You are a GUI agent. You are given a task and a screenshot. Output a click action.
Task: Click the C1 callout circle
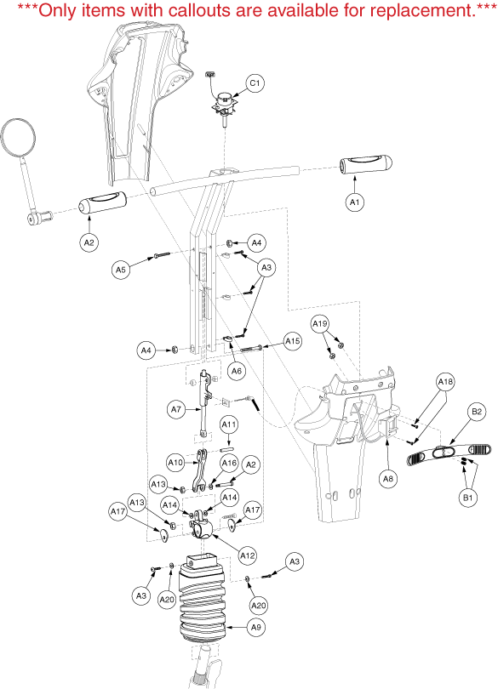pyautogui.click(x=255, y=83)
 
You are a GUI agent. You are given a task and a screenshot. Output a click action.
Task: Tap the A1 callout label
pyautogui.click(x=355, y=202)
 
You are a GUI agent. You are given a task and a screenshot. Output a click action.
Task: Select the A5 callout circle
pyautogui.click(x=121, y=270)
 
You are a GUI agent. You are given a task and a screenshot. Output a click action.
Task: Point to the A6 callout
pyautogui.click(x=237, y=371)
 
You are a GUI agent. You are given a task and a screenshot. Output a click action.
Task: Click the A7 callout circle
pyautogui.click(x=176, y=409)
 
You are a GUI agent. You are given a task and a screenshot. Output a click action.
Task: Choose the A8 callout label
pyautogui.click(x=387, y=479)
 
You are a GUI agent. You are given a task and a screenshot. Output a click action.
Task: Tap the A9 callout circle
pyautogui.click(x=256, y=628)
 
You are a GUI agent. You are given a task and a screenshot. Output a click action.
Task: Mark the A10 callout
pyautogui.click(x=176, y=462)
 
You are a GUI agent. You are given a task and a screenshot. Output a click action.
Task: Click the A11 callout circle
pyautogui.click(x=229, y=425)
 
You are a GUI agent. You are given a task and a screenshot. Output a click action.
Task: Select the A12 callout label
pyautogui.click(x=247, y=555)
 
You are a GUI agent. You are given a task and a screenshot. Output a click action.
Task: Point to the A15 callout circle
pyautogui.click(x=293, y=341)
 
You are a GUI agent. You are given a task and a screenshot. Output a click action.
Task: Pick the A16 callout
pyautogui.click(x=229, y=463)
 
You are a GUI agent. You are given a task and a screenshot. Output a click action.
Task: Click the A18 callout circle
pyautogui.click(x=445, y=382)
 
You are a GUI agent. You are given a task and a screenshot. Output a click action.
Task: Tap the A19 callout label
pyautogui.click(x=320, y=324)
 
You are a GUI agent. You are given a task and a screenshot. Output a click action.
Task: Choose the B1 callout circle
pyautogui.click(x=467, y=498)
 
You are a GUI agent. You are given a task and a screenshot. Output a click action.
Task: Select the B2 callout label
pyautogui.click(x=477, y=412)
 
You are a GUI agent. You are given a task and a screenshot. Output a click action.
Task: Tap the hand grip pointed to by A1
pyautogui.click(x=366, y=166)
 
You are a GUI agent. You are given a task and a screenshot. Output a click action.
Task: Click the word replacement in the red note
pyautogui.click(x=421, y=9)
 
